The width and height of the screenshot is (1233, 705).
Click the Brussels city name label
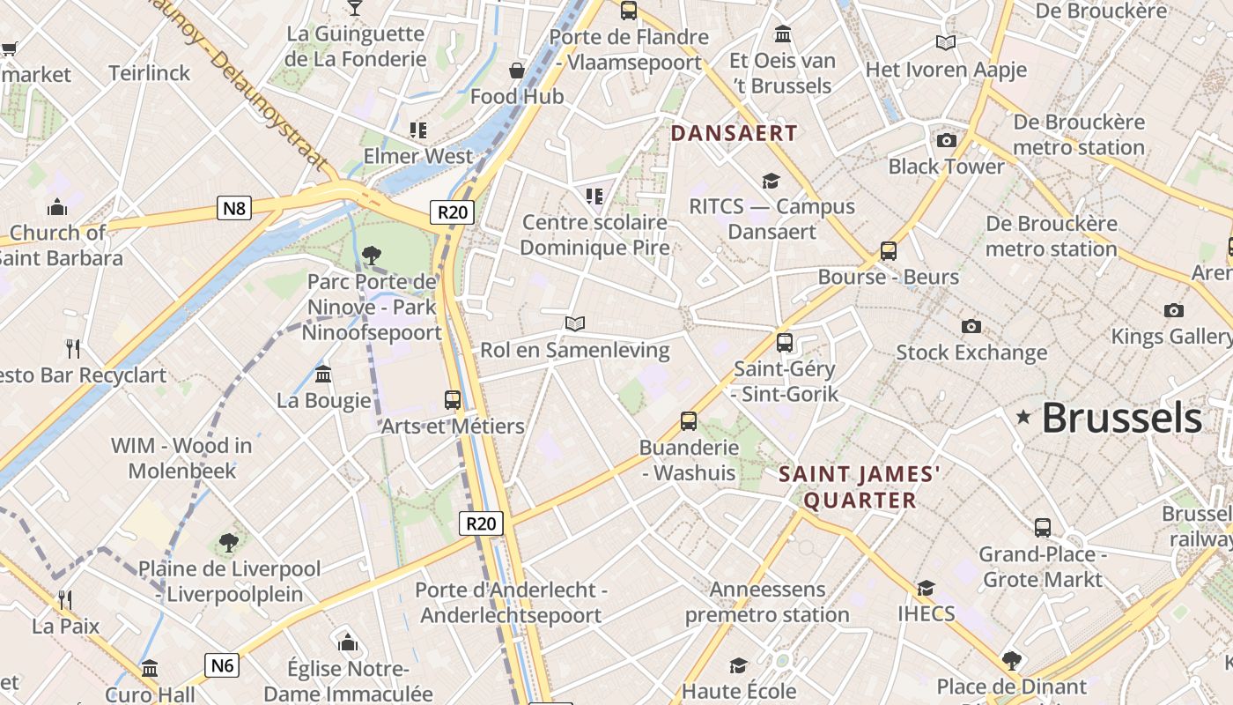1121,418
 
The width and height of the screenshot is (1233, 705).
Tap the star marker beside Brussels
1023,417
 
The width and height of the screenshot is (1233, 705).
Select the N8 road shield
234,208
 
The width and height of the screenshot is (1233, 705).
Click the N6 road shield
222,664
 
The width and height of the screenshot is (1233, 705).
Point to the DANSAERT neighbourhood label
734,133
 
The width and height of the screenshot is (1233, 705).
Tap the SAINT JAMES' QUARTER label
860,487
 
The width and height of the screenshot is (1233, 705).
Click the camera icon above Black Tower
947,140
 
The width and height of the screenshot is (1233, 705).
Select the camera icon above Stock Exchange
971,326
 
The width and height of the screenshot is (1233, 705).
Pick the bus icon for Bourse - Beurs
889,251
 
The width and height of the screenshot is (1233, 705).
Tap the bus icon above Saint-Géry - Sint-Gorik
785,342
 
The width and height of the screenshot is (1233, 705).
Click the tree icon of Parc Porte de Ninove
372,256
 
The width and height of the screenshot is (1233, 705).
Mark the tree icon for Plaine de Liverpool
229,542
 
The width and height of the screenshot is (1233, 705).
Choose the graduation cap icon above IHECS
926,588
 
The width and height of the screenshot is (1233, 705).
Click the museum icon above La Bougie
323,375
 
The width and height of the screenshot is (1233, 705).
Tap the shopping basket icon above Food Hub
517,70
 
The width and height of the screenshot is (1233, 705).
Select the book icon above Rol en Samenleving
575,324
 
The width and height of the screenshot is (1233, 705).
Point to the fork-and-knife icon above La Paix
65,600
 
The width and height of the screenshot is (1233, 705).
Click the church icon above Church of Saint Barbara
58,207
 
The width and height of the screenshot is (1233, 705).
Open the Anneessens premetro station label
767,602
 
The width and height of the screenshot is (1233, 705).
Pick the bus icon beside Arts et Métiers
453,399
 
